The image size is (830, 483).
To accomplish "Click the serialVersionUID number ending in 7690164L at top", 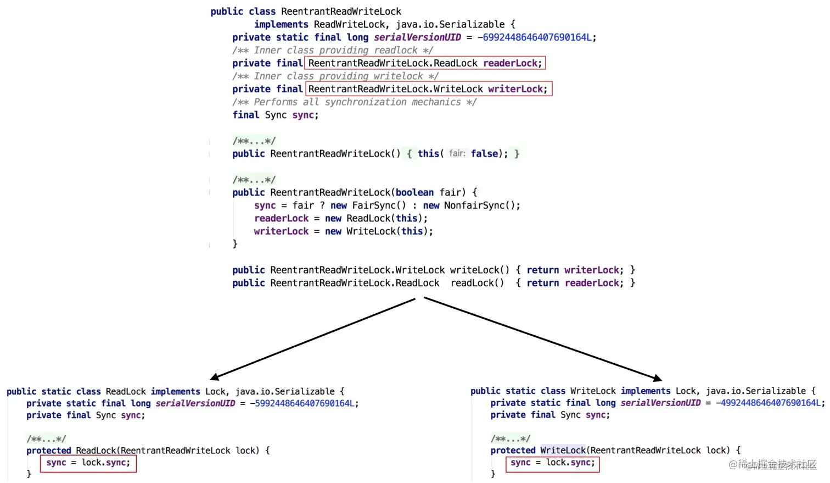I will (536, 37).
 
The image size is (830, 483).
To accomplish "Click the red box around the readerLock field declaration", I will (425, 63).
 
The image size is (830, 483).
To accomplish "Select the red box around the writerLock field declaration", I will (428, 89).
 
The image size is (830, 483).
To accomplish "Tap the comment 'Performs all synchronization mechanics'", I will (354, 102).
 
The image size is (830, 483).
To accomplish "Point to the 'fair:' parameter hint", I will (457, 153).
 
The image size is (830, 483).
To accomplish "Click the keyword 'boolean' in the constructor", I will (414, 192).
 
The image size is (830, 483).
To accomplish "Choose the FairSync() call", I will (379, 206).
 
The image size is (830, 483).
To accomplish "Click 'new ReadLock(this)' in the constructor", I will (376, 218).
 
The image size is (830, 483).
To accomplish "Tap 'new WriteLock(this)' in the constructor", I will (379, 231).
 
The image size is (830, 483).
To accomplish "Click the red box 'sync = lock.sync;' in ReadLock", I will (88, 463).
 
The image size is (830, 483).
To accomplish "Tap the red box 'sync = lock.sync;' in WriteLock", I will (552, 463).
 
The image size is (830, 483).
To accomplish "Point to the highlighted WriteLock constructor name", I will (563, 451).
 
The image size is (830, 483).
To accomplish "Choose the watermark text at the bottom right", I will (772, 465).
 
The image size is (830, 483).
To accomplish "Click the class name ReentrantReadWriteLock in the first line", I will (341, 12).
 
